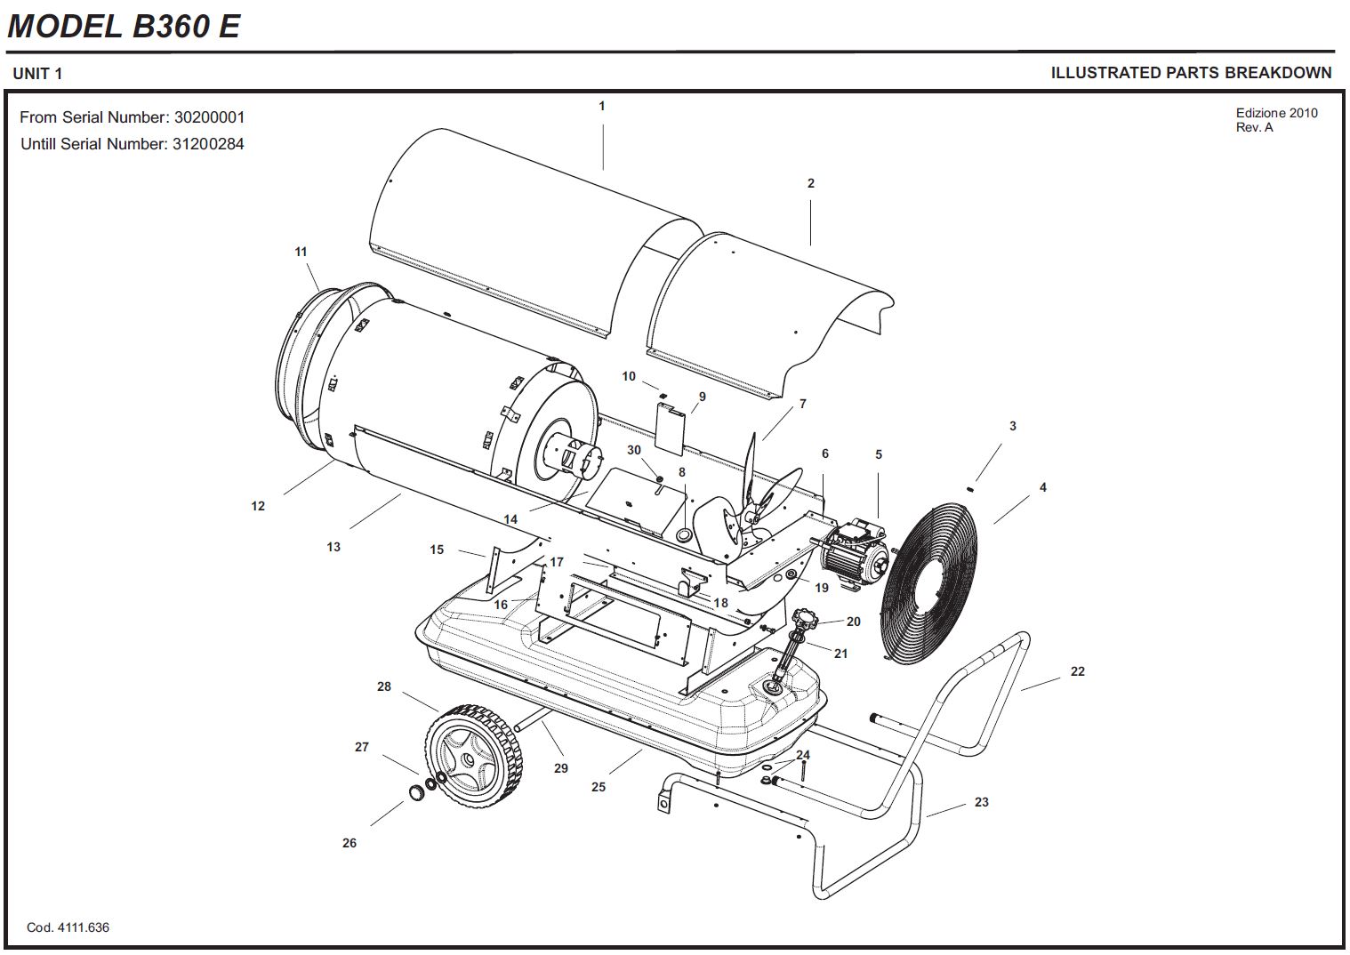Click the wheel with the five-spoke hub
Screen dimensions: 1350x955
474,756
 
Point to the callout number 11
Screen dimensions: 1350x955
301,252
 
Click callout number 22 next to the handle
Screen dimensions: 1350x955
1078,671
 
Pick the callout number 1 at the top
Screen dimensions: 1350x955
601,106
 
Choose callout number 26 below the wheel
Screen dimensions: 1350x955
350,843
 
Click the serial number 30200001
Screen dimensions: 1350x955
210,116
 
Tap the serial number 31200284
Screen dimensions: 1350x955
208,144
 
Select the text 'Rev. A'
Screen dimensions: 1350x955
1254,127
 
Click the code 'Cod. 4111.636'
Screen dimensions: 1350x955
68,927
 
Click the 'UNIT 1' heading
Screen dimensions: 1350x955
37,74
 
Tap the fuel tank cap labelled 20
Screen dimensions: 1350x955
803,618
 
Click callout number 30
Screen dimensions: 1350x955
634,450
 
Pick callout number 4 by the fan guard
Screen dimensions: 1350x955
1043,487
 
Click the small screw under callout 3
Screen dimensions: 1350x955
970,489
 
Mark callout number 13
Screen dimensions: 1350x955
333,547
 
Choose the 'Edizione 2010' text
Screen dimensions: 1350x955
1276,113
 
